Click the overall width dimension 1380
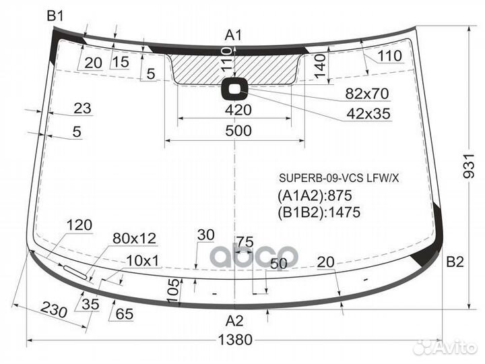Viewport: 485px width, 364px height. (235, 340)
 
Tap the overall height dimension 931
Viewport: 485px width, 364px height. (469, 166)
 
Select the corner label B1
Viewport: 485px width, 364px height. (55, 16)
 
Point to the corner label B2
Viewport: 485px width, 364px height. (455, 262)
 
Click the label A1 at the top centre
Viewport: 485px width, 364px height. (233, 35)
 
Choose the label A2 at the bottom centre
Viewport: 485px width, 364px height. (234, 321)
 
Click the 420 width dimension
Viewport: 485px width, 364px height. (238, 110)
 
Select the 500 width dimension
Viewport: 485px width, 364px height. (238, 131)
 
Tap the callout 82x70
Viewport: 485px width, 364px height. (367, 94)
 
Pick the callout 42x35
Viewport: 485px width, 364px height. (368, 114)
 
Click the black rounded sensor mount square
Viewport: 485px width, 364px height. (235, 89)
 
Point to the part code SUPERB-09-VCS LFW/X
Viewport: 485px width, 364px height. (339, 178)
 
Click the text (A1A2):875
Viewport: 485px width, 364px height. (315, 195)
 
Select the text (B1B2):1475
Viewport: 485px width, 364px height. (319, 212)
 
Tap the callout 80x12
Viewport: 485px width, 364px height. (134, 239)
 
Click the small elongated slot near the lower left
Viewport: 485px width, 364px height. (75, 272)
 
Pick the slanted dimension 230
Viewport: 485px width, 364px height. (53, 309)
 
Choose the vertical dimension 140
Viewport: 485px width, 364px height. (320, 65)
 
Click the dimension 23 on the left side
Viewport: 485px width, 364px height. (83, 109)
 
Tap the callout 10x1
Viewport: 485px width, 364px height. (143, 261)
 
